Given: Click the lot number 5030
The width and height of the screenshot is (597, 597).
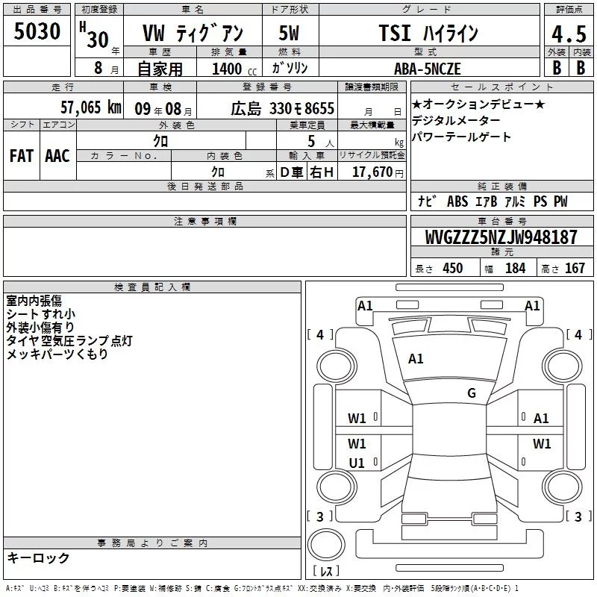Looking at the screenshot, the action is (37, 31).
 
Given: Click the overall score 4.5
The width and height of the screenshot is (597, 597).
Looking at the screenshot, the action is (569, 34).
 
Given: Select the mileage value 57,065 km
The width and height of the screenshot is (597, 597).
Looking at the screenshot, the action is (91, 107).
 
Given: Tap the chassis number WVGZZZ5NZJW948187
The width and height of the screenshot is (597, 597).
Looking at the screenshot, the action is (501, 237).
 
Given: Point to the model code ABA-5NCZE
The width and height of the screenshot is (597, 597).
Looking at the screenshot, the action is (428, 69).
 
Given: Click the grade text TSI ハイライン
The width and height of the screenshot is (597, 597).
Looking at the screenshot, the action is (428, 33).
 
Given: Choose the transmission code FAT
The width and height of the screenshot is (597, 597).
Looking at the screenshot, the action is (22, 156).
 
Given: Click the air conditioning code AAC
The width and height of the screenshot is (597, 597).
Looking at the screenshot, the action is (57, 156).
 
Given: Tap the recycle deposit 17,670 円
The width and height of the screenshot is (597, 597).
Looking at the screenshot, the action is (378, 172).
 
